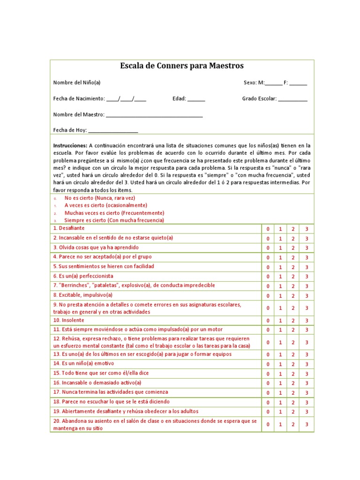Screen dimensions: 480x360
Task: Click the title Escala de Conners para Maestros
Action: click(x=182, y=66)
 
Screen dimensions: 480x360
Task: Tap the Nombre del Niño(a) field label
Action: click(x=77, y=83)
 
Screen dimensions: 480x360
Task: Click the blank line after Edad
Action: click(x=196, y=99)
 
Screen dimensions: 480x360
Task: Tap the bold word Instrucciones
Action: click(x=70, y=146)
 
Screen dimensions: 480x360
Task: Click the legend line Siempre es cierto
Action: click(x=114, y=220)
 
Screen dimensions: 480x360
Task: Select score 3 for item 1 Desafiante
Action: click(x=307, y=229)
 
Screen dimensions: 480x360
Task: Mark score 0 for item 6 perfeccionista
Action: click(x=268, y=277)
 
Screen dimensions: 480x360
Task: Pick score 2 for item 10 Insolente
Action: click(x=293, y=321)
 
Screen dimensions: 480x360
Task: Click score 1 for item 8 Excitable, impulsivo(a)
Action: click(x=280, y=296)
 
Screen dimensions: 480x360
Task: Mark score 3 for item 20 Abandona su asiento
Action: click(x=307, y=424)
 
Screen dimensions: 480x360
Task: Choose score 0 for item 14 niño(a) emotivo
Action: click(x=268, y=365)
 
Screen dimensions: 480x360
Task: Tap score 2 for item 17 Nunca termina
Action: click(x=293, y=393)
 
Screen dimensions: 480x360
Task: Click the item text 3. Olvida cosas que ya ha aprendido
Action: click(x=96, y=247)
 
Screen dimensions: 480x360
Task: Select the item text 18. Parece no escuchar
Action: click(x=112, y=402)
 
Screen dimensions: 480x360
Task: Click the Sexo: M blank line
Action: click(x=274, y=83)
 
